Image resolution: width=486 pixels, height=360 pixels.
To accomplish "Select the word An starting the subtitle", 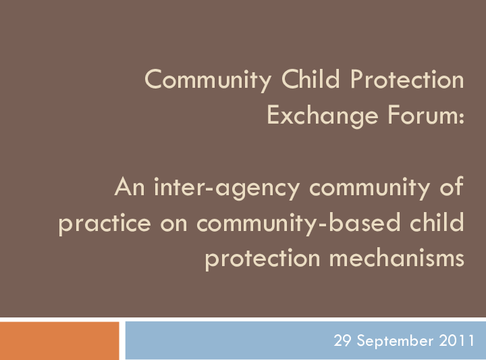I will point(129,187).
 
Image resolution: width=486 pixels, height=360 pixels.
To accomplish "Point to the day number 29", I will point(344,341).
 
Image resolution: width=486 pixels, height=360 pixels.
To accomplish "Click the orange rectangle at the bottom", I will point(59,340).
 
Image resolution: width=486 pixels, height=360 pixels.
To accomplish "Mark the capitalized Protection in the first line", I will point(407,80).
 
